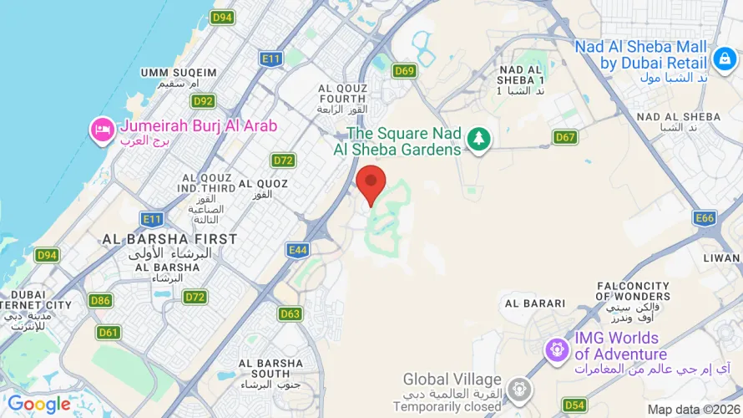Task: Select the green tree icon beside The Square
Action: click(x=478, y=139)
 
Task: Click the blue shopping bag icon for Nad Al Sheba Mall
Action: click(x=723, y=59)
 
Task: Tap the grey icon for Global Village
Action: click(x=521, y=389)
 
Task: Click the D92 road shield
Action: click(x=203, y=101)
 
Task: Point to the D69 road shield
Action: click(x=405, y=71)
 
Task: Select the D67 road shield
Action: click(x=565, y=137)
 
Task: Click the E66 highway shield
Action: click(x=705, y=218)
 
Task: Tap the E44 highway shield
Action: click(x=297, y=249)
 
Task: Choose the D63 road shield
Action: click(x=290, y=313)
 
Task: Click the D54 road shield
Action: click(x=574, y=405)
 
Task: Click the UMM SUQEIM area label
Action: click(x=179, y=73)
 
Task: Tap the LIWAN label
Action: click(x=721, y=258)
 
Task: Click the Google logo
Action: click(x=39, y=405)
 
